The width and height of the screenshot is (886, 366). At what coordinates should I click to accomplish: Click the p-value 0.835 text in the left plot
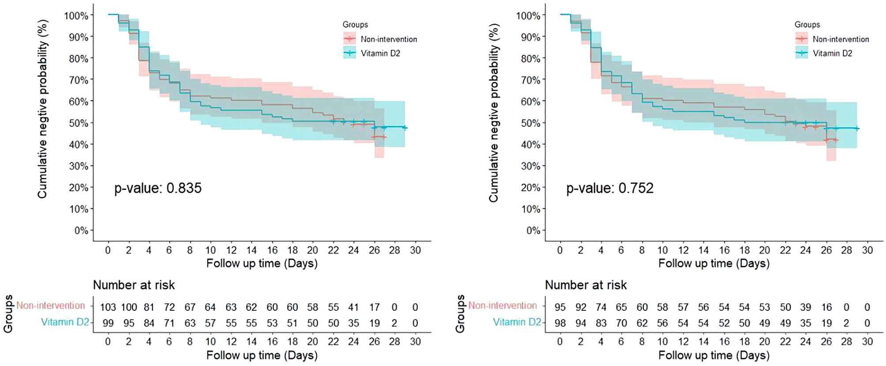click(x=158, y=188)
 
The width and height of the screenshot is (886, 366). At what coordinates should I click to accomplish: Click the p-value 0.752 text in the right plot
click(x=610, y=188)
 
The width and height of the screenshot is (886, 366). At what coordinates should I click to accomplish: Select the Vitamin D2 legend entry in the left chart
click(x=380, y=53)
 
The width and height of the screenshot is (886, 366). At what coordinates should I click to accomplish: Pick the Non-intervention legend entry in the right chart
click(x=841, y=39)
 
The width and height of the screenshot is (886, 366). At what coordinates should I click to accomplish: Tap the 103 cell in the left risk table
click(x=108, y=307)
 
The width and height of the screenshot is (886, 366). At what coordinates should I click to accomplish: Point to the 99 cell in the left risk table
click(x=108, y=323)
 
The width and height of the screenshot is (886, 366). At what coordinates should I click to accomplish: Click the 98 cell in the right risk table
click(x=560, y=323)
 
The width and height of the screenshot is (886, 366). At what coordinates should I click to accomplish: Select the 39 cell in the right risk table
click(x=806, y=307)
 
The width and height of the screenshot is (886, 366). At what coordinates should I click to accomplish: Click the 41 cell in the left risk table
click(x=354, y=307)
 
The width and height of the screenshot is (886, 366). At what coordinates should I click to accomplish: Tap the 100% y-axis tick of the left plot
click(x=76, y=16)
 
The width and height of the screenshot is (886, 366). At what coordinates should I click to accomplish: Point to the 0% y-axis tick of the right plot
click(x=533, y=231)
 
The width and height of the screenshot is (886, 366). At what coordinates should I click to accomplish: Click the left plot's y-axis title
click(x=42, y=109)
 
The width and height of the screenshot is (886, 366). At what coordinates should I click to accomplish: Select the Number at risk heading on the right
click(x=586, y=285)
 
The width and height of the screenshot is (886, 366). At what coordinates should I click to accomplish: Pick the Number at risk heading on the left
click(x=134, y=285)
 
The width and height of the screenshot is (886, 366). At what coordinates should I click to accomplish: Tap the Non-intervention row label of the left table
click(x=51, y=305)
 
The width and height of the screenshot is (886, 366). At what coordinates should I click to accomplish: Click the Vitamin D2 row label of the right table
click(x=517, y=322)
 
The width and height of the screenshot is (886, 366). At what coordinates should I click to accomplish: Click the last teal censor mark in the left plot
click(x=404, y=128)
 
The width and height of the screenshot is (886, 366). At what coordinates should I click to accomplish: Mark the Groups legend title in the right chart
click(x=807, y=25)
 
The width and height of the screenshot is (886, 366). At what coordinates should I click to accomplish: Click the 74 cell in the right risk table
click(x=601, y=307)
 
